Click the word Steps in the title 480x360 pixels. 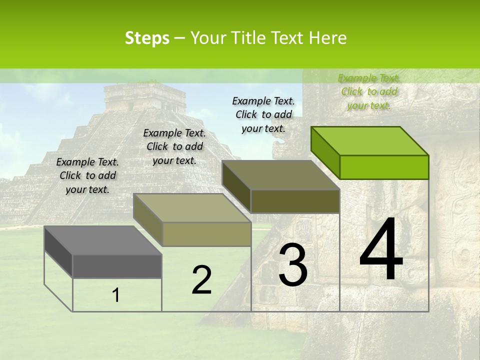pyautogui.click(x=147, y=38)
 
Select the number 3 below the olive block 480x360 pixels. pyautogui.click(x=292, y=265)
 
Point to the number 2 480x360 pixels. pyautogui.click(x=201, y=280)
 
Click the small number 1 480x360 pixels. pyautogui.click(x=116, y=295)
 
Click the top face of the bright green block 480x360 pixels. pyautogui.click(x=369, y=140)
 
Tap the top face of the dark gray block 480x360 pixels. pyautogui.click(x=102, y=240)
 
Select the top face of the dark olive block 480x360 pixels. pyautogui.click(x=280, y=175)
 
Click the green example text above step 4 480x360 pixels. pyautogui.click(x=369, y=91)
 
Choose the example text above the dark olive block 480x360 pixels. pyautogui.click(x=263, y=114)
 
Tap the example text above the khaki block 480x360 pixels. pyautogui.click(x=174, y=146)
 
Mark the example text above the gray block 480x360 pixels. pyautogui.click(x=87, y=175)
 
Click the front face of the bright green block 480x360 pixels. pyautogui.click(x=384, y=167)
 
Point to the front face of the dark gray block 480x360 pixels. pyautogui.click(x=117, y=266)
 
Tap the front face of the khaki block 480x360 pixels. pyautogui.click(x=206, y=234)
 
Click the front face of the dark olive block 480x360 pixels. pyautogui.click(x=295, y=201)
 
